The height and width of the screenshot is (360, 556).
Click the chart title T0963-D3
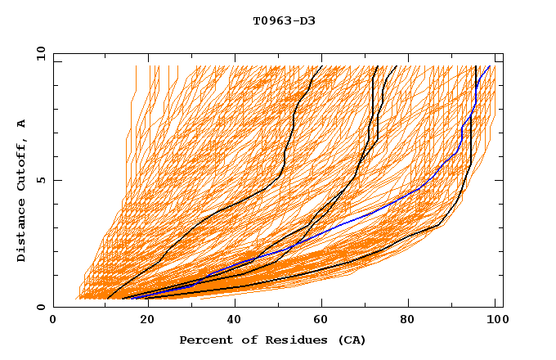pos(284,20)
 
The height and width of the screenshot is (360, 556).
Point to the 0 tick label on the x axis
pos(53,321)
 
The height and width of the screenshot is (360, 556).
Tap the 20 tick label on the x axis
pos(142,321)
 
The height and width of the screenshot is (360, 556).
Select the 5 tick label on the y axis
pos(40,180)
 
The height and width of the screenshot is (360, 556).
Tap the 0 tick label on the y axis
pos(40,307)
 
